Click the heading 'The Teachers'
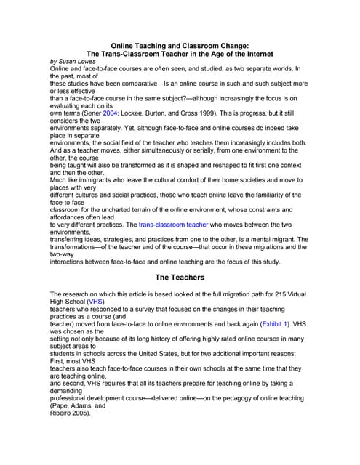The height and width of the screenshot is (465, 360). point(180,277)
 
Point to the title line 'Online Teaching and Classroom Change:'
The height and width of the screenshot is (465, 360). point(180,44)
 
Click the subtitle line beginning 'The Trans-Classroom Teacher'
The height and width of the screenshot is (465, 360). point(180,53)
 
